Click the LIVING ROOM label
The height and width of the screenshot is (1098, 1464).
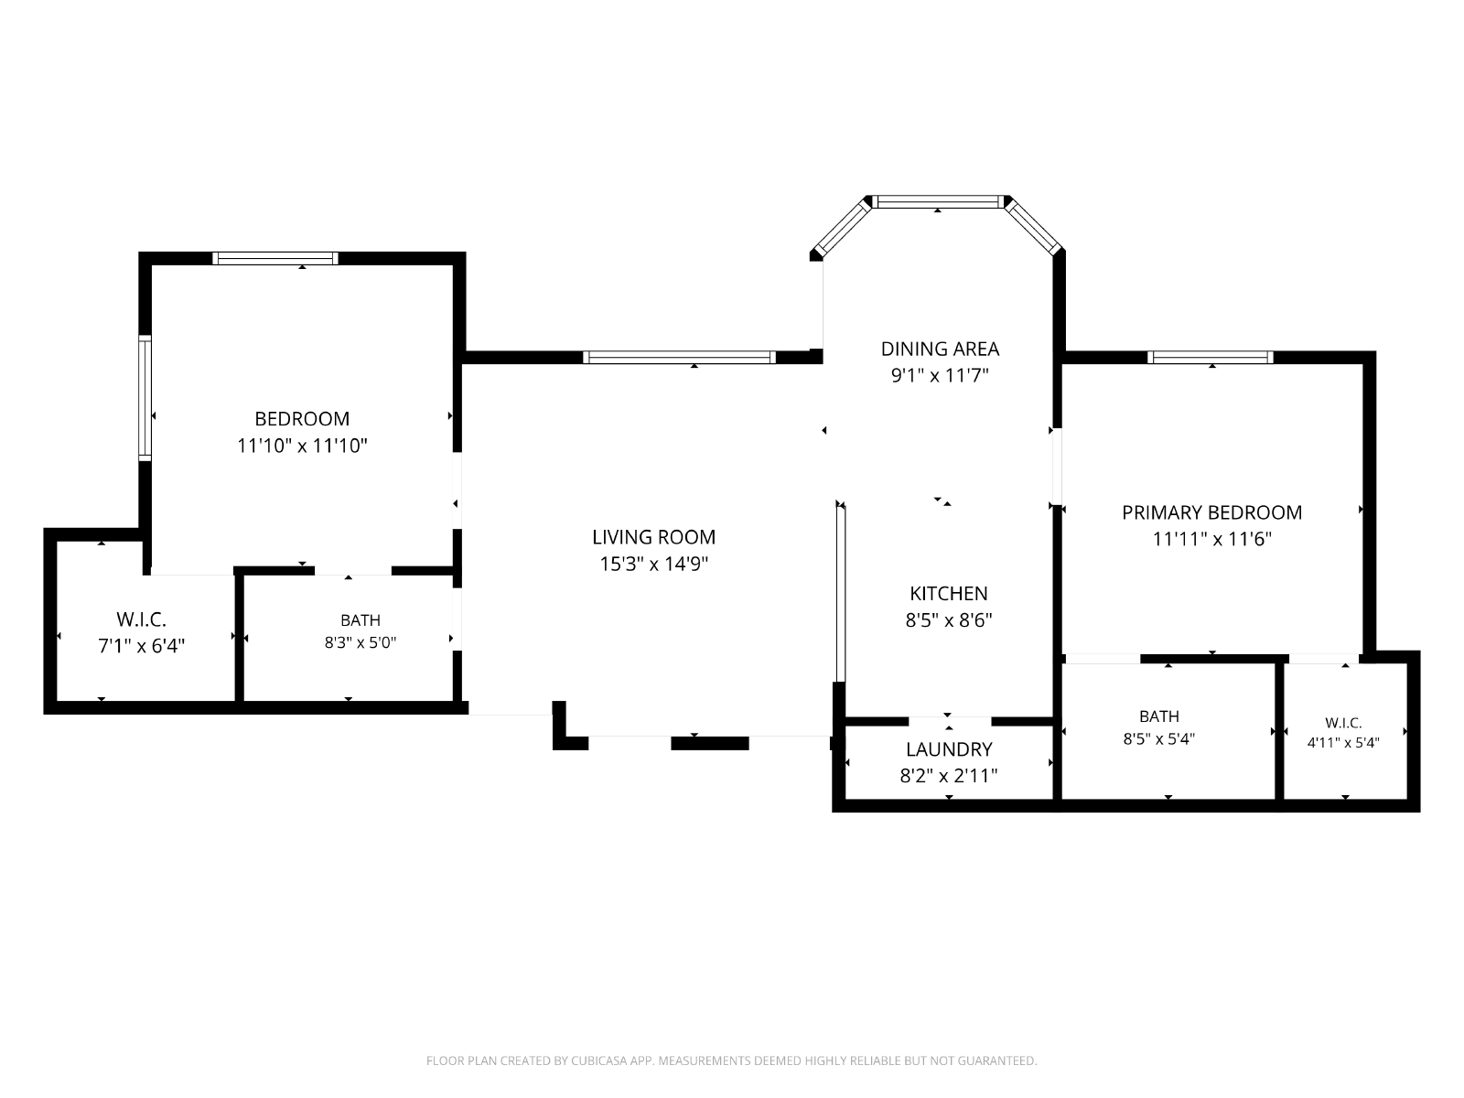[x=653, y=537]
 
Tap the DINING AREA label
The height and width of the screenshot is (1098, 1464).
[x=940, y=349]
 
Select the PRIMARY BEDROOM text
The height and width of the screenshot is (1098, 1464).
[x=1211, y=512]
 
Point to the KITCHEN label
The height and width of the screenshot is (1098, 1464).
[x=949, y=593]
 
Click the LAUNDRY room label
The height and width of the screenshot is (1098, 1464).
[x=949, y=749]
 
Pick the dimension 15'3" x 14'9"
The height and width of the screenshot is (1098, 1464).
[x=653, y=564]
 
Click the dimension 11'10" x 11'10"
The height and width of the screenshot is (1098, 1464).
[x=302, y=446]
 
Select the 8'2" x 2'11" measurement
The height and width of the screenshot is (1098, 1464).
[x=949, y=776]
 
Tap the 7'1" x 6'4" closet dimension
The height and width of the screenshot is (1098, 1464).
[x=142, y=646]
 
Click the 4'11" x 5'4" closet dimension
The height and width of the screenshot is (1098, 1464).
[x=1343, y=743]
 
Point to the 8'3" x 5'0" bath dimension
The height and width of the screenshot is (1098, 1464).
[x=361, y=642]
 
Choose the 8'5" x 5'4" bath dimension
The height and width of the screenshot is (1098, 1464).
[x=1159, y=738]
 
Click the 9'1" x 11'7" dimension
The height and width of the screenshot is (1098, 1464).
[x=940, y=375]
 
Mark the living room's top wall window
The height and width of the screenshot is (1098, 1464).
[x=679, y=358]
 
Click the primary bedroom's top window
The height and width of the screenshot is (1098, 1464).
[x=1210, y=358]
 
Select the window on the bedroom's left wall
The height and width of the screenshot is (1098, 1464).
[x=145, y=398]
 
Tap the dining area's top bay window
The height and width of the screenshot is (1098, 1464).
[x=938, y=202]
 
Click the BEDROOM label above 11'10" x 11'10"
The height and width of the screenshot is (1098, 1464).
[x=302, y=419]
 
